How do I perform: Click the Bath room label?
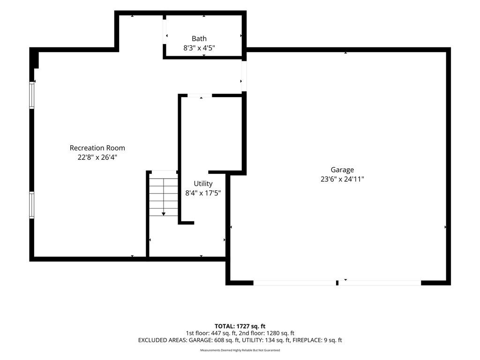[x=199, y=38]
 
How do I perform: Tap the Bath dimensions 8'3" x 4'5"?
[x=199, y=48]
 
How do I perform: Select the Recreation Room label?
[x=97, y=148]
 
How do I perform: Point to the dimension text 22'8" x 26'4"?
[x=97, y=157]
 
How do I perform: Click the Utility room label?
[x=203, y=184]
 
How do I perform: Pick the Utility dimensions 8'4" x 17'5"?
[x=203, y=193]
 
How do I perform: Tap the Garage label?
[x=342, y=170]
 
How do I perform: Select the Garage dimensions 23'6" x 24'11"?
[x=342, y=179]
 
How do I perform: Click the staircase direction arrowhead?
[x=164, y=214]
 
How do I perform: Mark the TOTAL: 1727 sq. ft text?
[x=240, y=326]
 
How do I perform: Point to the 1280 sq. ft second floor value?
[x=280, y=333]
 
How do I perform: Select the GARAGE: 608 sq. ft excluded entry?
[x=214, y=340]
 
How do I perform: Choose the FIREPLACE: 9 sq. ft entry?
[x=317, y=340]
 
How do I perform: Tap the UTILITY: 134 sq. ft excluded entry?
[x=266, y=340]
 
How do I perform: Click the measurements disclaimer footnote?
[x=240, y=350]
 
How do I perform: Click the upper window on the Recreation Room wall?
[x=31, y=95]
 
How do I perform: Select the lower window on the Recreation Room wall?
[x=31, y=205]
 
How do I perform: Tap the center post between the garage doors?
[x=337, y=283]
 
